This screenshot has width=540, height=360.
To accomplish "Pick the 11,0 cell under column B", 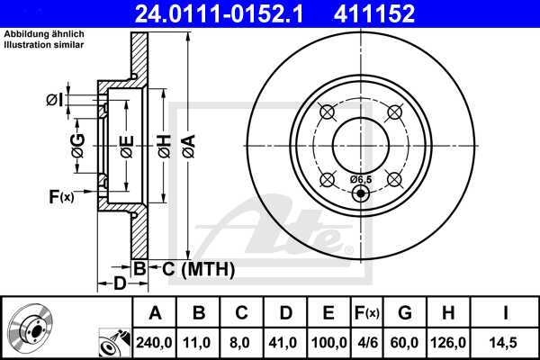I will [x=199, y=341].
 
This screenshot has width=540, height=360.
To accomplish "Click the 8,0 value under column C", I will [x=242, y=341].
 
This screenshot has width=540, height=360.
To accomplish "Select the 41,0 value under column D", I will [x=285, y=341].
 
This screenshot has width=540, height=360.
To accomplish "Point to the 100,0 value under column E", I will [x=328, y=341].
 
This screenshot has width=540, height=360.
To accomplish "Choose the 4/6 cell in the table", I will [x=365, y=341].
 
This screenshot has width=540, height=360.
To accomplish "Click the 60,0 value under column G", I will [x=404, y=341].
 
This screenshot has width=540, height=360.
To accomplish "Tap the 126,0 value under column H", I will [x=447, y=341].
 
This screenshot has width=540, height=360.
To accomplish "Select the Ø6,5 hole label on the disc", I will [x=360, y=179].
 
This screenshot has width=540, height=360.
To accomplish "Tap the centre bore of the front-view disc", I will [x=360, y=141].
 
